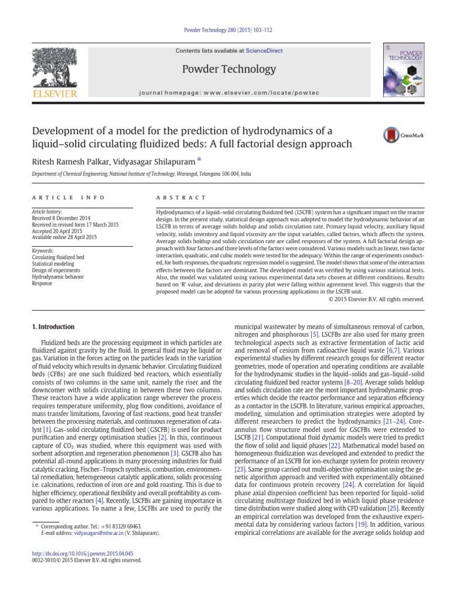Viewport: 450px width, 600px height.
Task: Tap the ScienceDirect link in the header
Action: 264,51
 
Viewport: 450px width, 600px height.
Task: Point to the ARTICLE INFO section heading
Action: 69,198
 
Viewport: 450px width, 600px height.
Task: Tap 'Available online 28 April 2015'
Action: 64,237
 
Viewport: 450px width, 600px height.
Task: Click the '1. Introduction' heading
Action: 53,327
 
